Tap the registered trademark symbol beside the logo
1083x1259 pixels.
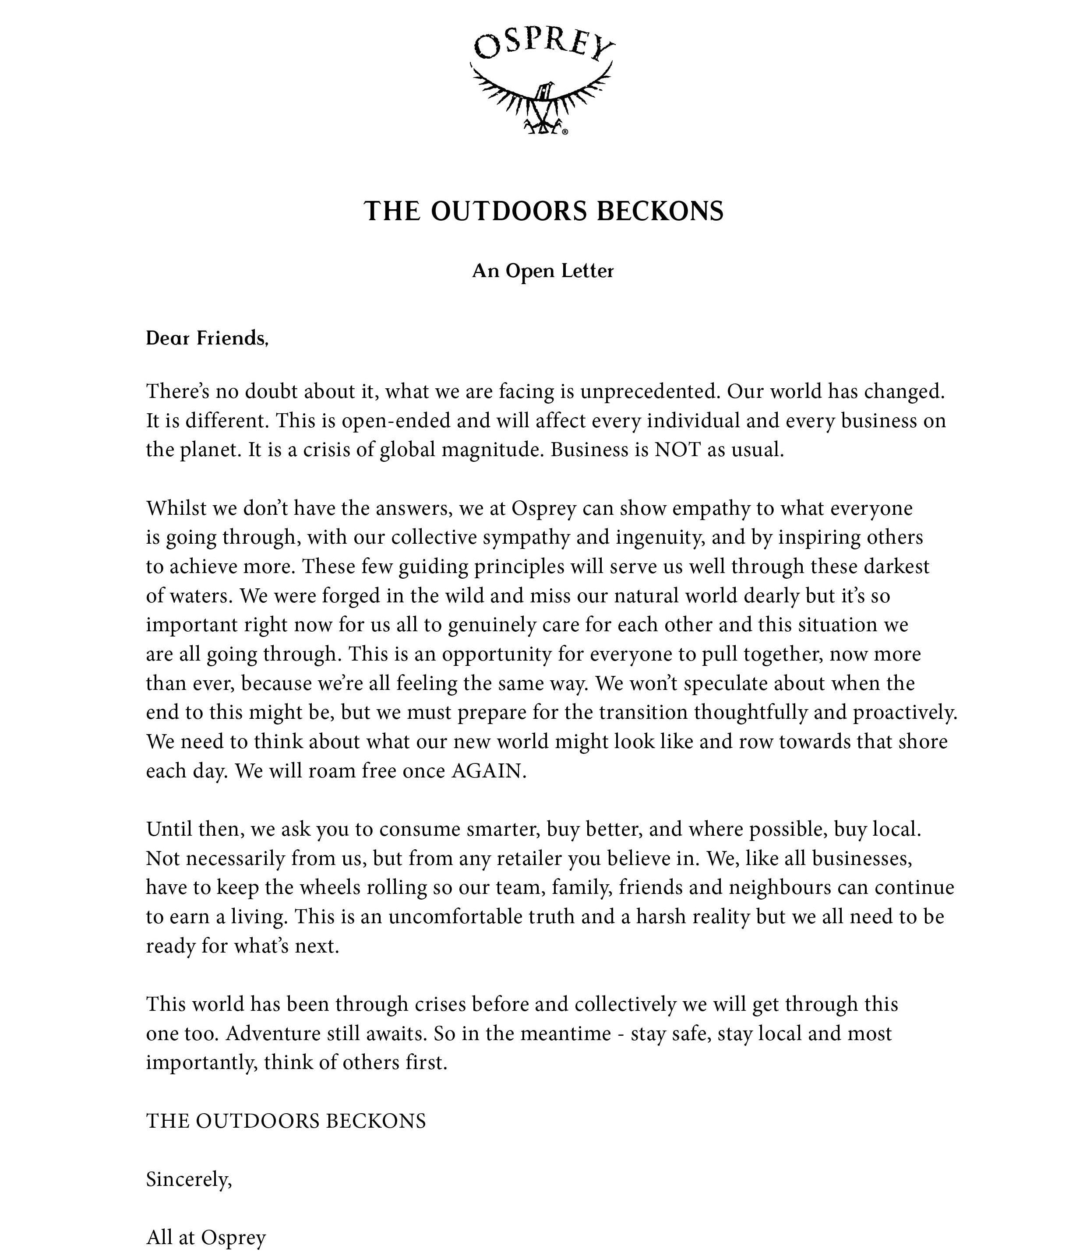(x=565, y=131)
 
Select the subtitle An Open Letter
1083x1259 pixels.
(x=543, y=271)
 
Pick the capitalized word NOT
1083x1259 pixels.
(x=677, y=450)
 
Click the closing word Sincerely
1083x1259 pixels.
(x=188, y=1179)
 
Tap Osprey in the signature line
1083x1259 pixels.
(x=233, y=1238)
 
